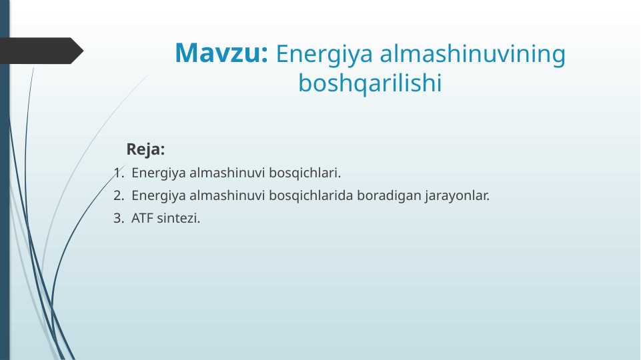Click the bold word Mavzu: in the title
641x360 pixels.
point(221,53)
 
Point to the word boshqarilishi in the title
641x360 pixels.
point(370,84)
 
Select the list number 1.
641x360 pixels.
point(118,173)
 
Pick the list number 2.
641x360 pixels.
point(118,196)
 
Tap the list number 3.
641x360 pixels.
point(118,218)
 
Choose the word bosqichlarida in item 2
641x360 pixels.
point(311,196)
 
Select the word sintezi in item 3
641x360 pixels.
point(178,218)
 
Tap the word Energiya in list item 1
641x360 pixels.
point(159,173)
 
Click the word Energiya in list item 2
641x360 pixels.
point(159,196)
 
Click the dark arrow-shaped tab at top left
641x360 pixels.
point(40,51)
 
